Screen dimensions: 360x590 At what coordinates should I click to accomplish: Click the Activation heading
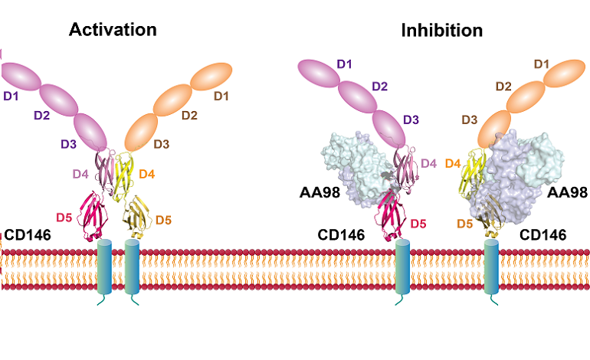(113, 30)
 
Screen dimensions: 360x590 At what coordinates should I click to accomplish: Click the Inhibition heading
(441, 31)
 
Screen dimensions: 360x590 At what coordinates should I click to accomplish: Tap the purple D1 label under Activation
(10, 98)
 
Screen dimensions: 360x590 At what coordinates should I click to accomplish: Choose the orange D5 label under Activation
(164, 221)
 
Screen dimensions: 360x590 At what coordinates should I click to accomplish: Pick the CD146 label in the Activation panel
(28, 233)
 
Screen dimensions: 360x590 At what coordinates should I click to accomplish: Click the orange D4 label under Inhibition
(453, 164)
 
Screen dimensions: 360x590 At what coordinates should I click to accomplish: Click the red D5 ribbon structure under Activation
(91, 216)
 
